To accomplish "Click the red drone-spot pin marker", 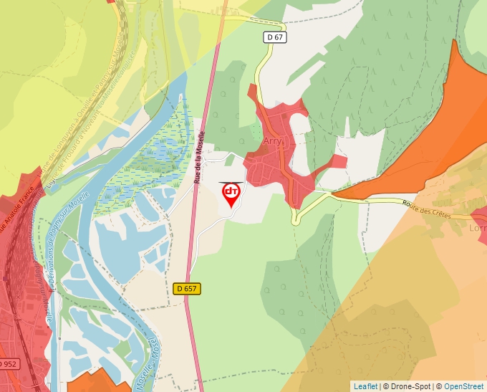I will pyautogui.click(x=231, y=193).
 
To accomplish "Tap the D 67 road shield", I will pyautogui.click(x=275, y=37).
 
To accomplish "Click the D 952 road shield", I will pyautogui.click(x=7, y=364).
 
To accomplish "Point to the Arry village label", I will pyautogui.click(x=274, y=141).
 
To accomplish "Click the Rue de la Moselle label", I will pyautogui.click(x=199, y=157).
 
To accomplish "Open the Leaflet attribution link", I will pyautogui.click(x=365, y=386).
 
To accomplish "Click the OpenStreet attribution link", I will pyautogui.click(x=463, y=386).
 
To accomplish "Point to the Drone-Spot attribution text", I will pyautogui.click(x=408, y=386).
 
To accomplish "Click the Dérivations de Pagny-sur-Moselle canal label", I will pyautogui.click(x=68, y=236).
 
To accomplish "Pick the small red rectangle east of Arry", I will pyautogui.click(x=339, y=161).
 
